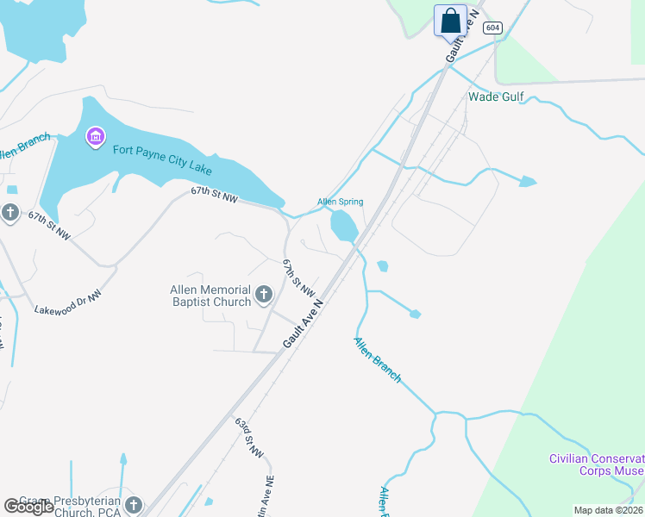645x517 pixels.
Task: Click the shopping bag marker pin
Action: coord(449,20)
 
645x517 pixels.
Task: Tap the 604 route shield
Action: coord(492,28)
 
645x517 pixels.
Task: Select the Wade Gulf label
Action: coord(495,97)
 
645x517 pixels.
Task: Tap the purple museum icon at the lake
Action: coord(96,136)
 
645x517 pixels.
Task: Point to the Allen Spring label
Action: coord(340,202)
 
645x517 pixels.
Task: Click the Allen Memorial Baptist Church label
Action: coord(210,296)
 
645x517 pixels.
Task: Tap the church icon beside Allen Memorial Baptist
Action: coord(263,296)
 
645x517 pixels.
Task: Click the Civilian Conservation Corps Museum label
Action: coord(597,464)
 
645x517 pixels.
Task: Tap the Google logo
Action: coord(28,507)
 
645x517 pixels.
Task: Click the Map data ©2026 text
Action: coord(608,510)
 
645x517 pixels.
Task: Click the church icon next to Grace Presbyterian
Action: coord(133,504)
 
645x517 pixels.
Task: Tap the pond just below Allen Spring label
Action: coord(343,227)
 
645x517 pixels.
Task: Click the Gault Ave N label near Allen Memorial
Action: coord(303,324)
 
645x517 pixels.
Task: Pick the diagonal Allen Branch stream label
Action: coord(377,360)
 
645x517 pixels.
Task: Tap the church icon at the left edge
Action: coord(9,212)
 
